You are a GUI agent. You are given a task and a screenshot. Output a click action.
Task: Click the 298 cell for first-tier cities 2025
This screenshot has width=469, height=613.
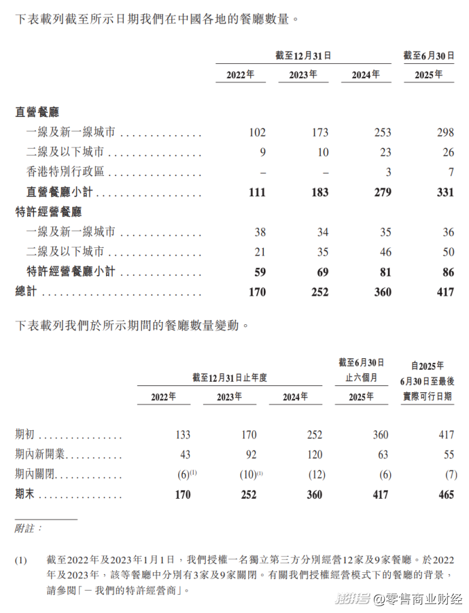click(x=445, y=133)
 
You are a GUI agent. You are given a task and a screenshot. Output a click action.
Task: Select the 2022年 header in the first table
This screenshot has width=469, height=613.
click(x=241, y=75)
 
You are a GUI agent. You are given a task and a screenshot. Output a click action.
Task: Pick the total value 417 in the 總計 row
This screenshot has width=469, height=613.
click(x=445, y=292)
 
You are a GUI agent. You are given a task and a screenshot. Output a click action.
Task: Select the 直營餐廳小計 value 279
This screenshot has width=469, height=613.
click(x=382, y=192)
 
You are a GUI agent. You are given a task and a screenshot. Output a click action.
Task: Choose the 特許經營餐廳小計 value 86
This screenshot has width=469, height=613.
click(x=447, y=272)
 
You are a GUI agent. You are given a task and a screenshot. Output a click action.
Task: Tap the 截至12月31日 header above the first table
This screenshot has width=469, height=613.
click(x=302, y=56)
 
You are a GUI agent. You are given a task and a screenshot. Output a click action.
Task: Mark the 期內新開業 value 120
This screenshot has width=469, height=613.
click(x=314, y=455)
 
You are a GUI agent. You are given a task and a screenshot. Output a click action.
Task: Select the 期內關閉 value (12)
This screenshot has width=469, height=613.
click(x=314, y=474)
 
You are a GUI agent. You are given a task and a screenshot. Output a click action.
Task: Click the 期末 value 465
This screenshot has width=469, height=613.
click(x=446, y=495)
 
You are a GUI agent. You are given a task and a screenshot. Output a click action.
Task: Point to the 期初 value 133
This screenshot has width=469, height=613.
click(x=182, y=435)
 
